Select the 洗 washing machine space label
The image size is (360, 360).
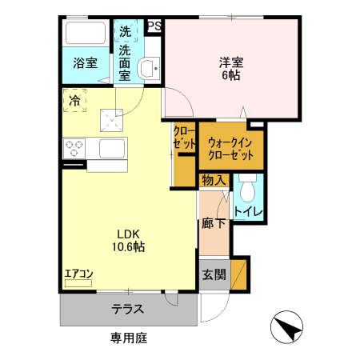pyautogui.click(x=125, y=33)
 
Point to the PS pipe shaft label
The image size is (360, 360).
pyautogui.click(x=154, y=27)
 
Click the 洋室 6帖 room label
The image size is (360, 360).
pyautogui.click(x=230, y=68)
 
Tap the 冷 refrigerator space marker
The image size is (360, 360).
pyautogui.click(x=75, y=101)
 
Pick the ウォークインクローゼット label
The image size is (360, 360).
pyautogui.click(x=230, y=147)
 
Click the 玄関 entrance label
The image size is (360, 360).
pyautogui.click(x=213, y=274)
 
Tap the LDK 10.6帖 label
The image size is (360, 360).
pyautogui.click(x=128, y=240)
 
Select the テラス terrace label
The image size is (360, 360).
pyautogui.click(x=127, y=307)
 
